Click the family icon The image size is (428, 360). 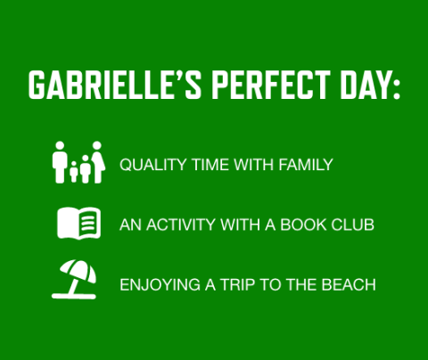coord(78,163)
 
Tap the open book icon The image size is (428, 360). coord(78,223)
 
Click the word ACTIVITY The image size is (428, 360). coord(179,225)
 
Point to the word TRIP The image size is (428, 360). coord(244,285)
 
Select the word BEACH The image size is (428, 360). coord(349,285)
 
